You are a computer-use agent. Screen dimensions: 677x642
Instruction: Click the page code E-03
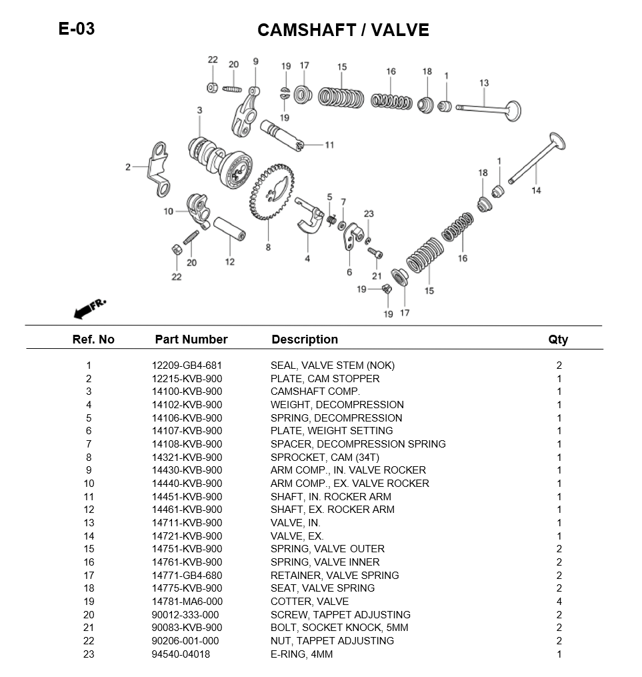point(77,29)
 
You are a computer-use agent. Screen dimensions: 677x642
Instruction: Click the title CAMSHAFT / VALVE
point(343,30)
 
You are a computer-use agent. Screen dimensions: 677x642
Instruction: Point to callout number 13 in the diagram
point(484,83)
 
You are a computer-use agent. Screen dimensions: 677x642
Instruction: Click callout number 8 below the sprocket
point(268,247)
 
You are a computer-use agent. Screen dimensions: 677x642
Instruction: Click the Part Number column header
point(191,340)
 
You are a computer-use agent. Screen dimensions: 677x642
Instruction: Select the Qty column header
point(558,340)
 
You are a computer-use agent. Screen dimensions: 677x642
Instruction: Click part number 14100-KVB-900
point(187,392)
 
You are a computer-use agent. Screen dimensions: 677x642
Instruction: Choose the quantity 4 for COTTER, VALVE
point(559,601)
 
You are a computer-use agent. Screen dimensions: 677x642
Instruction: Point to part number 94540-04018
point(181,654)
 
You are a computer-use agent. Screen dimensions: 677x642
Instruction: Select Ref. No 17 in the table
point(89,575)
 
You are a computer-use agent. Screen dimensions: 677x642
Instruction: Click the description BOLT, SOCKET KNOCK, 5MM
point(339,628)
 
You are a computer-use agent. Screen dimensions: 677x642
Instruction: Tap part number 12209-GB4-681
point(187,366)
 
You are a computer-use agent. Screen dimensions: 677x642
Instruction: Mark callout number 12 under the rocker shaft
point(229,261)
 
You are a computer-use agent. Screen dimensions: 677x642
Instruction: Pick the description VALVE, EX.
point(297,536)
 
